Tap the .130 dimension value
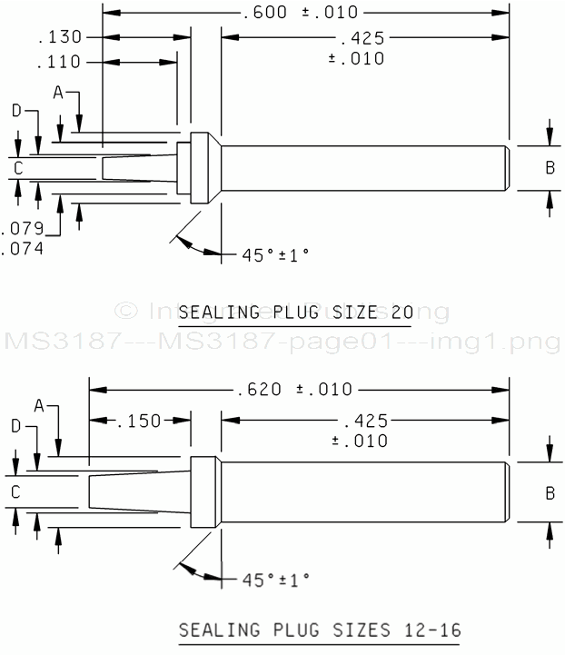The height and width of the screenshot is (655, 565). click(x=60, y=37)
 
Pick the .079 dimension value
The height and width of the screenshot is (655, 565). click(x=23, y=227)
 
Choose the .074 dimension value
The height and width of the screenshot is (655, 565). click(x=23, y=246)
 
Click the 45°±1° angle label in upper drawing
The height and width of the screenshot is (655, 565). click(x=275, y=255)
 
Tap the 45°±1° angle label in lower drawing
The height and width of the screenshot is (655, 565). click(x=275, y=579)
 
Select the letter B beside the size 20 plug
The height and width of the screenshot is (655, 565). click(x=549, y=167)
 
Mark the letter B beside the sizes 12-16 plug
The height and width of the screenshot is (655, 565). click(x=549, y=492)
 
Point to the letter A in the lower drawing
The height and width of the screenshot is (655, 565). click(x=39, y=404)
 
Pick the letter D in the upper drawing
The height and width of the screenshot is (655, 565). click(x=16, y=111)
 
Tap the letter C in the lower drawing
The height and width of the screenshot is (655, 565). click(x=15, y=491)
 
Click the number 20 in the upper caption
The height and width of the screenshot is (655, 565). click(x=402, y=313)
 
